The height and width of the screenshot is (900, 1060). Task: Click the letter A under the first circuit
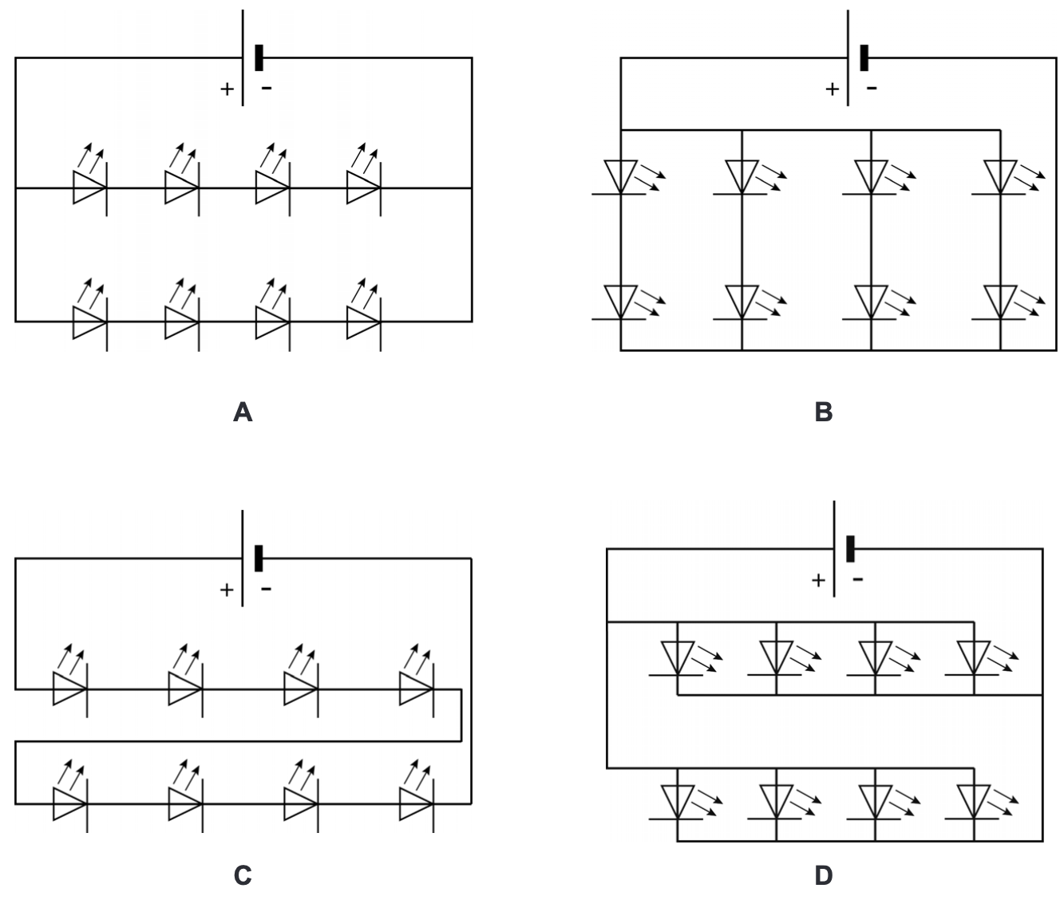click(x=243, y=412)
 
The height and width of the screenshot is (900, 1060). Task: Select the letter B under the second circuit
click(x=823, y=412)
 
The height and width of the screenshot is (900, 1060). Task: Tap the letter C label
click(x=243, y=875)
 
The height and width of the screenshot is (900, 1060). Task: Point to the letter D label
click(x=823, y=875)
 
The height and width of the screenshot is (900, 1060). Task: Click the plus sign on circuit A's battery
click(x=227, y=89)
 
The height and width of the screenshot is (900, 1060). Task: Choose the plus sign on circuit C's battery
click(x=227, y=590)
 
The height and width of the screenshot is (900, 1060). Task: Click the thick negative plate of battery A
click(x=259, y=58)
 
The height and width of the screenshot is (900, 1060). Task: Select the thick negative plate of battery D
click(x=850, y=549)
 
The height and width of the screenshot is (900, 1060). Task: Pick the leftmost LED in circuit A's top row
click(x=89, y=187)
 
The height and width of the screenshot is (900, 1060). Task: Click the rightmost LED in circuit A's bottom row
click(x=363, y=322)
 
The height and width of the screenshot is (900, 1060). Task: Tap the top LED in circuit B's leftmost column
click(x=620, y=176)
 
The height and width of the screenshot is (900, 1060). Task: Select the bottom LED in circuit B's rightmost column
click(x=999, y=302)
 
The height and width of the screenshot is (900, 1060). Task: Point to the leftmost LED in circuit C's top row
click(x=69, y=689)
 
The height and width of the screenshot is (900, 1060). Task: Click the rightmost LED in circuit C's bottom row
click(x=417, y=804)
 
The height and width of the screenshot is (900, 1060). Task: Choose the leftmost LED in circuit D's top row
click(x=677, y=657)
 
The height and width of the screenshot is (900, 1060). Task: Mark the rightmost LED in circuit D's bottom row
click(x=973, y=801)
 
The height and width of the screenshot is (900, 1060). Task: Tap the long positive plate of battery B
click(x=848, y=58)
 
